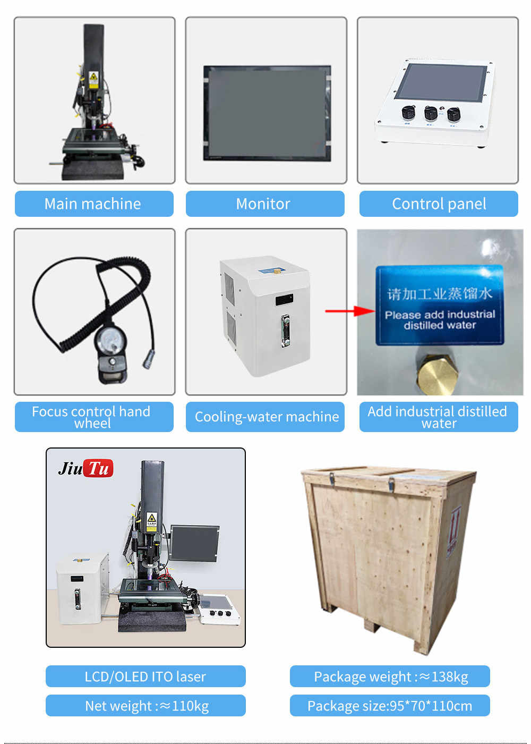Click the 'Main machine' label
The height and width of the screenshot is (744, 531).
tap(94, 204)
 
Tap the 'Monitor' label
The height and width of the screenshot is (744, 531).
tap(264, 204)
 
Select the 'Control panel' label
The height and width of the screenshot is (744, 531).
tap(439, 204)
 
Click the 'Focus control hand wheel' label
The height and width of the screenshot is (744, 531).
tap(94, 417)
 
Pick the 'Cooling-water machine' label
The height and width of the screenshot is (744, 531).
tap(265, 417)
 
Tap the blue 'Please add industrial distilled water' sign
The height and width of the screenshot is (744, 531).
tap(439, 306)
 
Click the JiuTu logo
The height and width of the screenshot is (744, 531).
tap(85, 468)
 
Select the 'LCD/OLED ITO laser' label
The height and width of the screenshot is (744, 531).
tap(145, 676)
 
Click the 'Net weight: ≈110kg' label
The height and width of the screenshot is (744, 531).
tap(145, 705)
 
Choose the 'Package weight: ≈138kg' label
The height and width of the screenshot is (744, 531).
tap(390, 676)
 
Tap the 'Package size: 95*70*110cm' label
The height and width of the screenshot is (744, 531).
tap(390, 705)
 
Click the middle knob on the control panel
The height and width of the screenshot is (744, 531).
tap(431, 113)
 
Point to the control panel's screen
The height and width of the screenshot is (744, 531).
tap(442, 83)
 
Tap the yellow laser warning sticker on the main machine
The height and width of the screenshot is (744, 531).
tap(93, 77)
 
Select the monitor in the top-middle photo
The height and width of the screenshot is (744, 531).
tap(267, 113)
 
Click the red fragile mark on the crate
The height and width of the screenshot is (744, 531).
tap(453, 531)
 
